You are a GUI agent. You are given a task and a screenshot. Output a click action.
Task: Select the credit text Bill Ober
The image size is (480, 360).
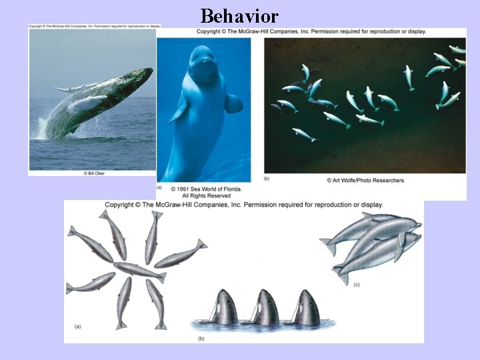click(95, 173)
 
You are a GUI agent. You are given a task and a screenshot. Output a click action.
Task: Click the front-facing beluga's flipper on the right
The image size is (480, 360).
click(233, 103)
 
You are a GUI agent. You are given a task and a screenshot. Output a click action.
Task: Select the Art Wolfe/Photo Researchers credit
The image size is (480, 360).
click(365, 180)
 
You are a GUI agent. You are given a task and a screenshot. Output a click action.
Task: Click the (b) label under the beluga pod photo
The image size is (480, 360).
click(267, 179)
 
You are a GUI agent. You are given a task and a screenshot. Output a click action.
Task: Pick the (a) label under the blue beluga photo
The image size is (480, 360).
click(159, 187)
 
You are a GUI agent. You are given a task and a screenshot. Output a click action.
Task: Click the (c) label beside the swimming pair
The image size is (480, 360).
click(356, 285)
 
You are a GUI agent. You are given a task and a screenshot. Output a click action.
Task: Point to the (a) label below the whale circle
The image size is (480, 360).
click(77, 326)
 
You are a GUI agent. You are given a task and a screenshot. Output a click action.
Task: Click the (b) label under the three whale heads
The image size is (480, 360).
click(201, 339)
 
